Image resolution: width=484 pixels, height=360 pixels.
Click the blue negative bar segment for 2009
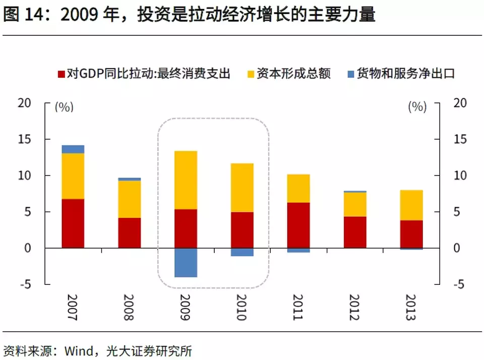click(186, 262)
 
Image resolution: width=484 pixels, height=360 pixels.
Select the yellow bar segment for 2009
click(186, 180)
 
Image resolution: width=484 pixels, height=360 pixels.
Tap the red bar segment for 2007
click(73, 223)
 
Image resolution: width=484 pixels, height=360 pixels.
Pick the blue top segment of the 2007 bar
click(73, 149)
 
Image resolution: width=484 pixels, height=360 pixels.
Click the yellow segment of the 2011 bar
click(298, 188)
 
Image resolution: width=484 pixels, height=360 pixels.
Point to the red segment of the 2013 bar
click(411, 234)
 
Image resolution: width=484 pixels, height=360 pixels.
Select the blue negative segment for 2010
click(242, 252)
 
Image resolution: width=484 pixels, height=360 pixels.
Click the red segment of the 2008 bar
click(129, 233)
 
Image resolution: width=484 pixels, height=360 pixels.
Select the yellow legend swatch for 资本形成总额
click(249, 74)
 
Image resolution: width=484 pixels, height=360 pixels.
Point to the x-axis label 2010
click(241, 308)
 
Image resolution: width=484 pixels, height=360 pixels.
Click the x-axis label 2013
click(411, 308)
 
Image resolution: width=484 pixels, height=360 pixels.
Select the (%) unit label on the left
click(64, 107)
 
